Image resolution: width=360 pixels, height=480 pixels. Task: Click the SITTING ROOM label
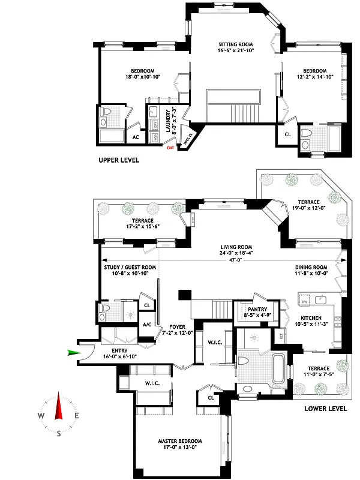click(235, 44)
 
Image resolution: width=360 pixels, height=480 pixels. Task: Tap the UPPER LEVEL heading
click(119, 160)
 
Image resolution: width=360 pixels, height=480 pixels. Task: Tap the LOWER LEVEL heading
click(326, 409)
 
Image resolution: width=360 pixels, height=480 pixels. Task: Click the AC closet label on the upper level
click(136, 137)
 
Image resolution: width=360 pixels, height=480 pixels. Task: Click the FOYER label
click(177, 327)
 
